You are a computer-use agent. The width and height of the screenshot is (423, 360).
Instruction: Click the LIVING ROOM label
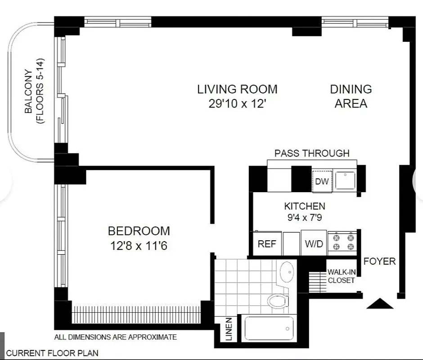coord(237,89)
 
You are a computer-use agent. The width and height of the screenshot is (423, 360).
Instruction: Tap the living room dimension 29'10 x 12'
coord(237,104)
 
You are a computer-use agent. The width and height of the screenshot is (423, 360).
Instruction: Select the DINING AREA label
coord(351,96)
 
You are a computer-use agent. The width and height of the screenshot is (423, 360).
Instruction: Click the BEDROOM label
coord(139,231)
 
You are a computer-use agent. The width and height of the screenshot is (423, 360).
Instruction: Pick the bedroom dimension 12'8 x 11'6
coord(139,246)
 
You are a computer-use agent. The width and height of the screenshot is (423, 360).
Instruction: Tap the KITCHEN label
coord(304,207)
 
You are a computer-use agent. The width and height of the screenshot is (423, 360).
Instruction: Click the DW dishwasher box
coord(322,181)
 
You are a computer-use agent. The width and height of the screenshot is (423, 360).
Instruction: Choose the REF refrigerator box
coord(266,243)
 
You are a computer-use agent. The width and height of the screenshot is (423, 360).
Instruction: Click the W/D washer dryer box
coord(314,243)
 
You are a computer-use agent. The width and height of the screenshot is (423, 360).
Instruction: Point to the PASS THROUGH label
coord(312,153)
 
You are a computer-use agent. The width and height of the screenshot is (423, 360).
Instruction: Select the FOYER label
coord(379,261)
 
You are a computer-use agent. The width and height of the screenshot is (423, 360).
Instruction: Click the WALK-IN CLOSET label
coord(341,276)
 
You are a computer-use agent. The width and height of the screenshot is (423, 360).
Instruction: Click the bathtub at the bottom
coord(269,329)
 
